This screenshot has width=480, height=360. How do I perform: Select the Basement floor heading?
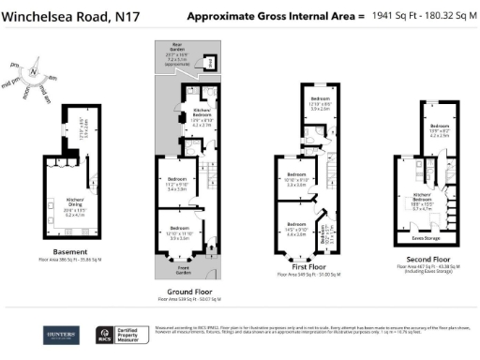(71, 252)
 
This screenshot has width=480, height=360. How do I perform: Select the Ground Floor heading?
(187, 292)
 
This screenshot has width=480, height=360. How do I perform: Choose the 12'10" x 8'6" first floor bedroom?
(321, 103)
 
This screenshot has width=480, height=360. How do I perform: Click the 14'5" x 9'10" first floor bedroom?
(296, 228)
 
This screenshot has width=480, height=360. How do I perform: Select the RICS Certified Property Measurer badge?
(123, 335)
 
